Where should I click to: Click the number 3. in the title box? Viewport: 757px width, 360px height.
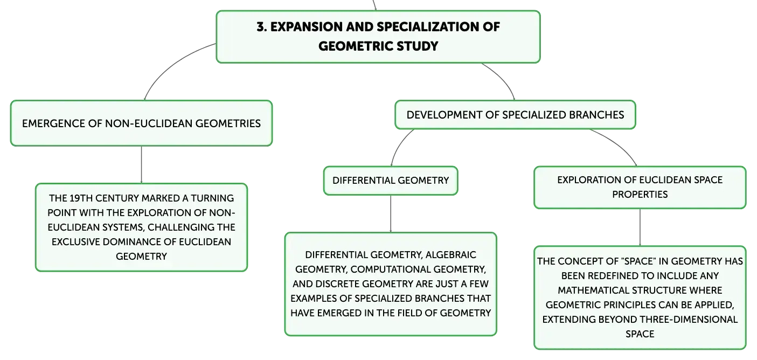[x=261, y=27]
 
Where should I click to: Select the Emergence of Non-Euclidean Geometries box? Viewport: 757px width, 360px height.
[x=141, y=123]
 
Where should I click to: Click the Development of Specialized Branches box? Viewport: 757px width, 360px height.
[x=515, y=115]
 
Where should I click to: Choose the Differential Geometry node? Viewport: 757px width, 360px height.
[x=391, y=181]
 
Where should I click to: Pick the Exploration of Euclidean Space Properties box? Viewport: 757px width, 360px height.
[x=640, y=187]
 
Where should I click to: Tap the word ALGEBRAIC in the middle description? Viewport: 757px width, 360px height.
[x=451, y=254]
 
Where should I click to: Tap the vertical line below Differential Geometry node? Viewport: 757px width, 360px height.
[x=391, y=213]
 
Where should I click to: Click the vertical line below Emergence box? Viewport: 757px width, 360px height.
[x=141, y=164]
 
